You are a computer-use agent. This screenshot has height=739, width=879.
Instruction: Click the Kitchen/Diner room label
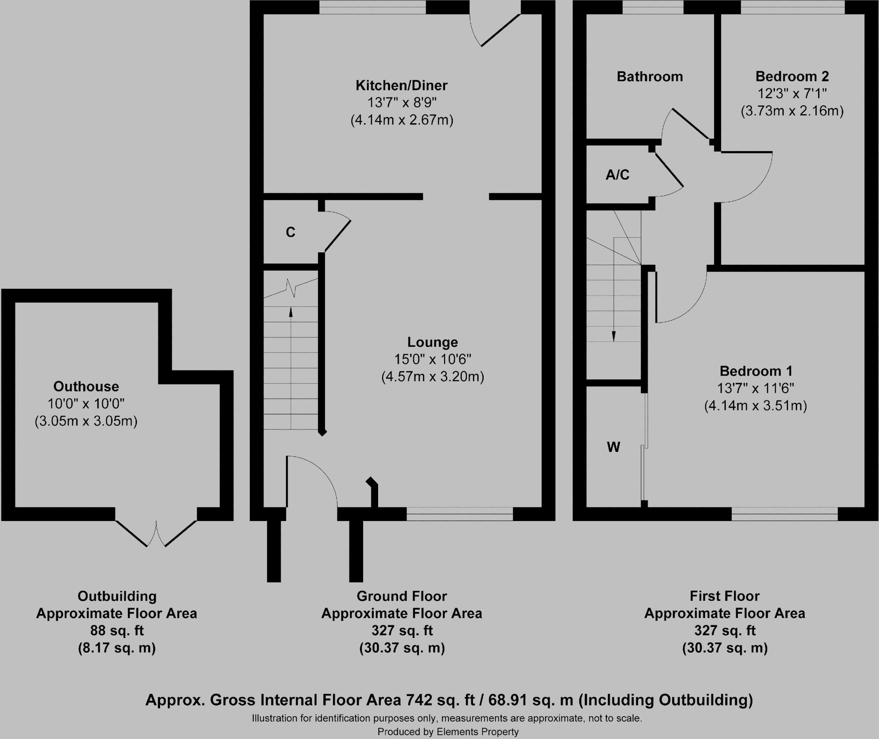click(401, 85)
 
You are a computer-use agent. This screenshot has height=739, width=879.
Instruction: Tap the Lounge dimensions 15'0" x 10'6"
click(433, 359)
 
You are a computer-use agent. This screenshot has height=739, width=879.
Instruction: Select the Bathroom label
click(650, 76)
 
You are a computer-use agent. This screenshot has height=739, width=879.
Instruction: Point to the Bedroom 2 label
click(792, 76)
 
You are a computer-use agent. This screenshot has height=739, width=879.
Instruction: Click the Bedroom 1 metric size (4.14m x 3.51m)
click(755, 406)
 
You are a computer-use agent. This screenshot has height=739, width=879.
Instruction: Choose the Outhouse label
click(86, 387)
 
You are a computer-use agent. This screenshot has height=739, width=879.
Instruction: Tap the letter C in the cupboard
click(291, 232)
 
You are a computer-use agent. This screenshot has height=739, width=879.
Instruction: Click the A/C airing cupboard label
click(618, 175)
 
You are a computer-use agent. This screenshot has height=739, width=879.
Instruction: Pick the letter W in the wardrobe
click(614, 447)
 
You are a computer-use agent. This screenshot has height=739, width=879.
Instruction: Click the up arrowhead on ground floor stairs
click(291, 312)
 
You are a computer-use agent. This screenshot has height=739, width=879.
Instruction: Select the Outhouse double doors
click(156, 533)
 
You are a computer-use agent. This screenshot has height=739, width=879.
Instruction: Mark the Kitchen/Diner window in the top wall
click(373, 7)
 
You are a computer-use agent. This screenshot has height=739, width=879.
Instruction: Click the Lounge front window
click(460, 514)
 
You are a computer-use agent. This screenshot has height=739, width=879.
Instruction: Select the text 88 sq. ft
click(117, 630)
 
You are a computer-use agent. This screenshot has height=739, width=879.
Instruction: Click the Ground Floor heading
click(402, 596)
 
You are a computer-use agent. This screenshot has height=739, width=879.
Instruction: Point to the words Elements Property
click(478, 732)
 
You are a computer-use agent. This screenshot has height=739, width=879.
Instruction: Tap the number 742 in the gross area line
click(419, 700)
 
